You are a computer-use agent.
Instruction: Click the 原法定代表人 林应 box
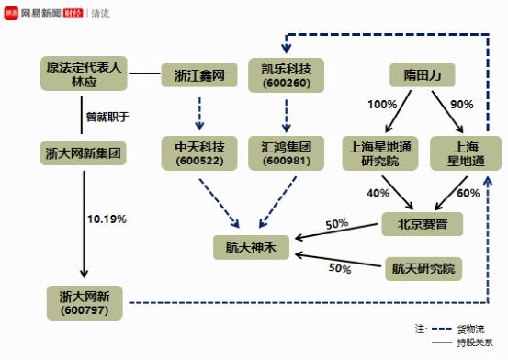coord(83,73)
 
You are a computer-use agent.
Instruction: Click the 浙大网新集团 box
coord(83,152)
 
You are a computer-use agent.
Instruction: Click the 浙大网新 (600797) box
coord(85,302)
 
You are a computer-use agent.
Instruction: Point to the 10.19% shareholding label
coord(107,219)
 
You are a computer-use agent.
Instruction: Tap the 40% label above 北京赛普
coord(378,192)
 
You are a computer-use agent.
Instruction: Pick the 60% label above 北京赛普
coord(468,192)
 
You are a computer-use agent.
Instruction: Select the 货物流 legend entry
coord(470,327)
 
